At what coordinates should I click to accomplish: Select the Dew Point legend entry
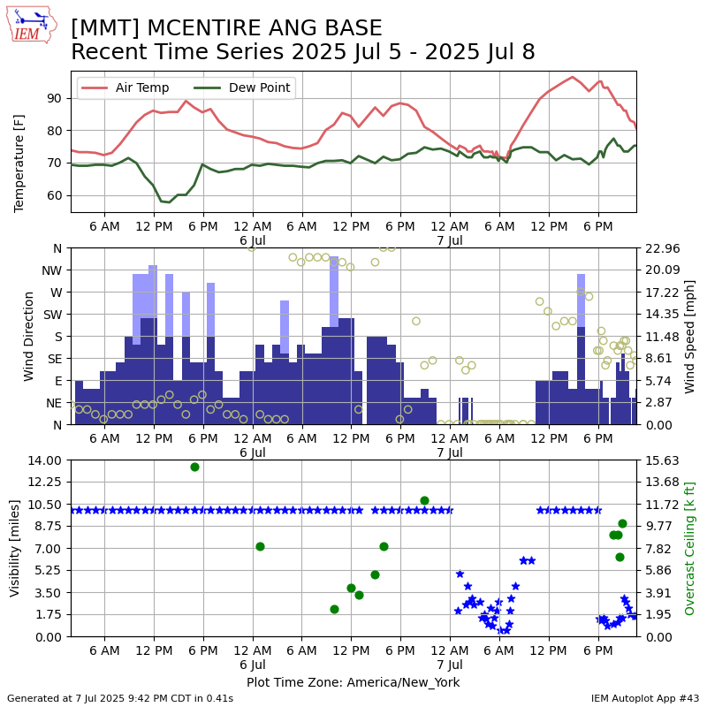coord(242,87)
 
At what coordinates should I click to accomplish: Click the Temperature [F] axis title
coord(19,163)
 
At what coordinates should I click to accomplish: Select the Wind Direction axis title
coord(28,337)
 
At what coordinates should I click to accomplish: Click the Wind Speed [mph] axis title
coord(689,337)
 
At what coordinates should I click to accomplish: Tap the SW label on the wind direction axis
coord(53,315)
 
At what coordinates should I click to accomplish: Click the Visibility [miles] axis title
coord(14,548)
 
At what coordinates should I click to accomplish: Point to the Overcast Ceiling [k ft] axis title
coord(689,548)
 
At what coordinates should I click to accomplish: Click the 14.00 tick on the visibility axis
coord(44,460)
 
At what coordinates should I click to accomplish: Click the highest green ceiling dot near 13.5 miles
coord(194,468)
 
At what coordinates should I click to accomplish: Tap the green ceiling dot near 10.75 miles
coord(424,500)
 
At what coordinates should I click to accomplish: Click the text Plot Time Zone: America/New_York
coord(353,682)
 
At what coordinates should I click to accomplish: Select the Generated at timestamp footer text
coord(120,698)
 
